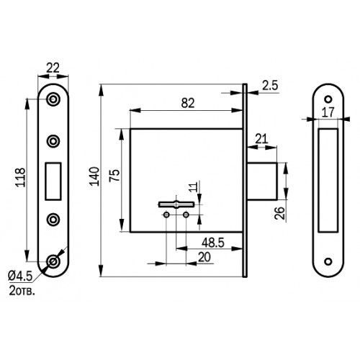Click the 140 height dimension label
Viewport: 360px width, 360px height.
click(x=94, y=176)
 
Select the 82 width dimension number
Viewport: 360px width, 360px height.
click(x=188, y=103)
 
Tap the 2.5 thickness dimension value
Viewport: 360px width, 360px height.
click(x=270, y=86)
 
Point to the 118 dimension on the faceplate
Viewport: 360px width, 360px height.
click(x=20, y=177)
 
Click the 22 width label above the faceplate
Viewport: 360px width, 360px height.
click(x=53, y=68)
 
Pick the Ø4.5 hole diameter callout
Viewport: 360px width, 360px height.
click(x=20, y=276)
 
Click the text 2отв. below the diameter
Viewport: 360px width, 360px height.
click(x=22, y=291)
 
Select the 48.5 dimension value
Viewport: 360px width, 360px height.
click(x=213, y=243)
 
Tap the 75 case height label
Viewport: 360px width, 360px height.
click(x=114, y=176)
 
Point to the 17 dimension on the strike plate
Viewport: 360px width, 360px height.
click(x=328, y=112)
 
